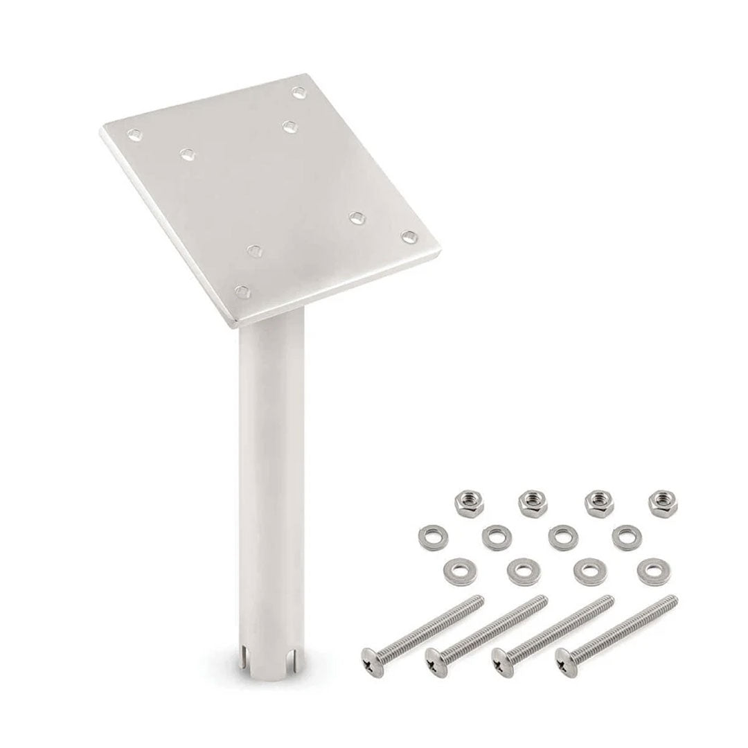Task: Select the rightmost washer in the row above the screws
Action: tap(650, 569)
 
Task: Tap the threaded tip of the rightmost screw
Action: tap(670, 600)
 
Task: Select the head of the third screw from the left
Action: tap(501, 659)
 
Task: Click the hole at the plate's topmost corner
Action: tap(299, 91)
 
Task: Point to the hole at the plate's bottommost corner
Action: tap(241, 291)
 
